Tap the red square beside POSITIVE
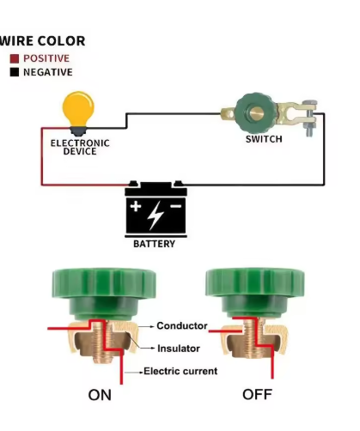click(15, 58)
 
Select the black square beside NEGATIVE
click(15, 72)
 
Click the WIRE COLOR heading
click(42, 41)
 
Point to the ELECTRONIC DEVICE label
click(80, 147)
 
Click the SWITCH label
click(264, 139)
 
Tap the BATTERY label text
click(155, 244)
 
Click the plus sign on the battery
click(136, 206)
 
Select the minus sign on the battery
click(176, 206)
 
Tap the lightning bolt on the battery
click(156, 215)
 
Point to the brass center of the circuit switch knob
click(255, 113)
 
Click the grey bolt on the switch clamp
click(310, 118)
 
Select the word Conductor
click(182, 325)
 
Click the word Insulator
click(179, 349)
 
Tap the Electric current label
click(180, 371)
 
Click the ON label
click(100, 395)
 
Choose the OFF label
click(257, 394)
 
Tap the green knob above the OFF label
click(255, 292)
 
